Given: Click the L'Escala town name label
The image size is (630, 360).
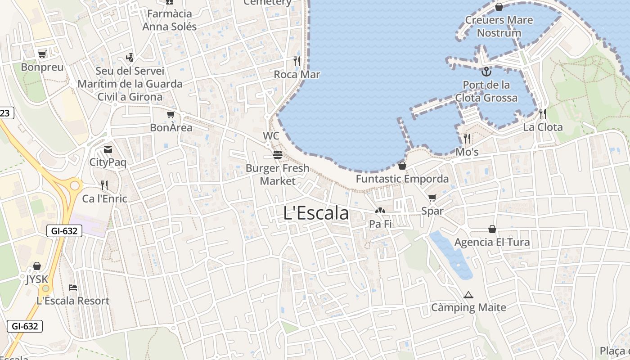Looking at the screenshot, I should [x=316, y=213].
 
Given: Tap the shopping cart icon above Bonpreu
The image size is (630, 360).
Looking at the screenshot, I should [x=42, y=54].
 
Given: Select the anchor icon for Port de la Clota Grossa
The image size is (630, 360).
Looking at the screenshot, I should [x=486, y=72].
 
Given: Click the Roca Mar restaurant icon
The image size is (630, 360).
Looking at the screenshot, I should [x=297, y=61].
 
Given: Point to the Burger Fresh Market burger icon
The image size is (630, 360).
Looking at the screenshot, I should [x=278, y=155].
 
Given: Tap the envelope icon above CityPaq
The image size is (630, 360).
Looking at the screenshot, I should [x=108, y=149].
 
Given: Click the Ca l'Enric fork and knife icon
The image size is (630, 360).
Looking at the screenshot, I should [x=104, y=185].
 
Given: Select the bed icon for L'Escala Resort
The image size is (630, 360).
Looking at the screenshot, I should [x=73, y=287].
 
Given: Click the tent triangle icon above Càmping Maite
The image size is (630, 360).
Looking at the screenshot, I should [x=468, y=295].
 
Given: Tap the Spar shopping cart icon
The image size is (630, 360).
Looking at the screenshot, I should [x=432, y=198].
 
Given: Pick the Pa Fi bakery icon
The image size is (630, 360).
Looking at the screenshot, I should [x=380, y=211].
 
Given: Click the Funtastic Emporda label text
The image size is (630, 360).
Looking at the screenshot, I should [x=402, y=179].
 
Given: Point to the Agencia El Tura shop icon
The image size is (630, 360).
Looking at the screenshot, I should [x=492, y=229].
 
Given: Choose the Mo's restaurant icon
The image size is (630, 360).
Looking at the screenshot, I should [x=467, y=138].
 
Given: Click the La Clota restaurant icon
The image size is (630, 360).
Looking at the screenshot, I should [x=543, y=113].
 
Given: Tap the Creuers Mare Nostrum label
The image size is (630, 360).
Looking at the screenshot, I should [x=499, y=26].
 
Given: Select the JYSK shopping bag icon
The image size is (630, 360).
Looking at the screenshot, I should [x=37, y=266].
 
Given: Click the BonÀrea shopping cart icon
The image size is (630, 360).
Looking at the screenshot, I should [x=171, y=115].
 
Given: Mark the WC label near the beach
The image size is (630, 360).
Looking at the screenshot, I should [x=271, y=135].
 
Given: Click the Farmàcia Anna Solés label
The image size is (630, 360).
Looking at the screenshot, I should [x=170, y=20].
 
